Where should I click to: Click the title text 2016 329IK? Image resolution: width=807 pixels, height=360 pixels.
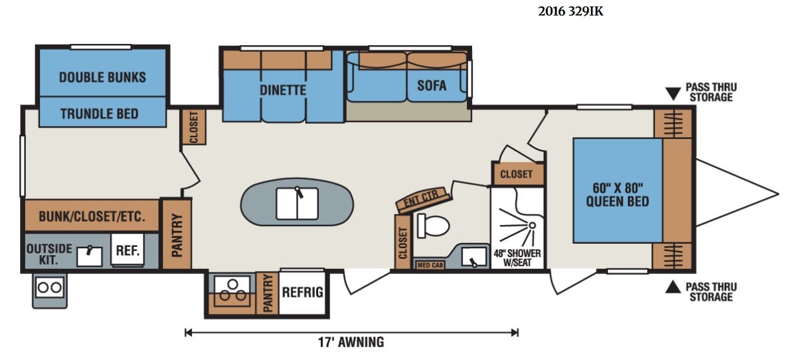pyautogui.click(x=570, y=12)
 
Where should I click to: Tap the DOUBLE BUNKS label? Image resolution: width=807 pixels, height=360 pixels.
pyautogui.click(x=103, y=78)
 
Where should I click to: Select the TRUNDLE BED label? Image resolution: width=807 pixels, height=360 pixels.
pyautogui.click(x=100, y=114)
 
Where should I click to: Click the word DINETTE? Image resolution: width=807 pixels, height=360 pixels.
pyautogui.click(x=283, y=90)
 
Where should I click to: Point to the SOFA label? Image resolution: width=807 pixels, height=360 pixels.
pyautogui.click(x=431, y=85)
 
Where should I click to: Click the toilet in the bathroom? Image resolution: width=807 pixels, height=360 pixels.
pyautogui.click(x=433, y=226)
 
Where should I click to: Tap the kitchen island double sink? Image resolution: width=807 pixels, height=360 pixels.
pyautogui.click(x=297, y=204)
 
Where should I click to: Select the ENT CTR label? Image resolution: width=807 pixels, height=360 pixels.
pyautogui.click(x=422, y=198)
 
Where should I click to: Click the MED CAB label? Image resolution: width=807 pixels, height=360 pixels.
pyautogui.click(x=430, y=266)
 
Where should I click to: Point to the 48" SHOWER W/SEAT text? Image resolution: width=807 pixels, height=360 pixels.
pyautogui.click(x=517, y=258)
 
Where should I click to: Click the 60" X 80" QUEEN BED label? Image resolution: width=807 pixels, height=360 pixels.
pyautogui.click(x=618, y=195)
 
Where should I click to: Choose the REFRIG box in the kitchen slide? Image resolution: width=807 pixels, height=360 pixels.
pyautogui.click(x=303, y=292)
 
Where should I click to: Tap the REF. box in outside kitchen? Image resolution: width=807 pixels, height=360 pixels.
pyautogui.click(x=127, y=250)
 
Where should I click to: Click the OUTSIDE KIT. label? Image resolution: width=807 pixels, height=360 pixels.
pyautogui.click(x=49, y=254)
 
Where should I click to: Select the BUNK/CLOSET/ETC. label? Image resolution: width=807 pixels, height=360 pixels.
pyautogui.click(x=92, y=217)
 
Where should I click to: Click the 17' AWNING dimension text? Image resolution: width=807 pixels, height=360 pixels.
pyautogui.click(x=351, y=342)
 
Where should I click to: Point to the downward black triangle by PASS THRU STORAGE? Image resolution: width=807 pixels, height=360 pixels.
pyautogui.click(x=672, y=94)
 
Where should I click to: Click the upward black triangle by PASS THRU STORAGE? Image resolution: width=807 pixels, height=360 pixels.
pyautogui.click(x=672, y=287)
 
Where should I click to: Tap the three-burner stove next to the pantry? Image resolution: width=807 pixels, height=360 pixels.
pyautogui.click(x=232, y=290)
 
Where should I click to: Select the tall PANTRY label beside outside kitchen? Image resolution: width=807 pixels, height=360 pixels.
pyautogui.click(x=177, y=235)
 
